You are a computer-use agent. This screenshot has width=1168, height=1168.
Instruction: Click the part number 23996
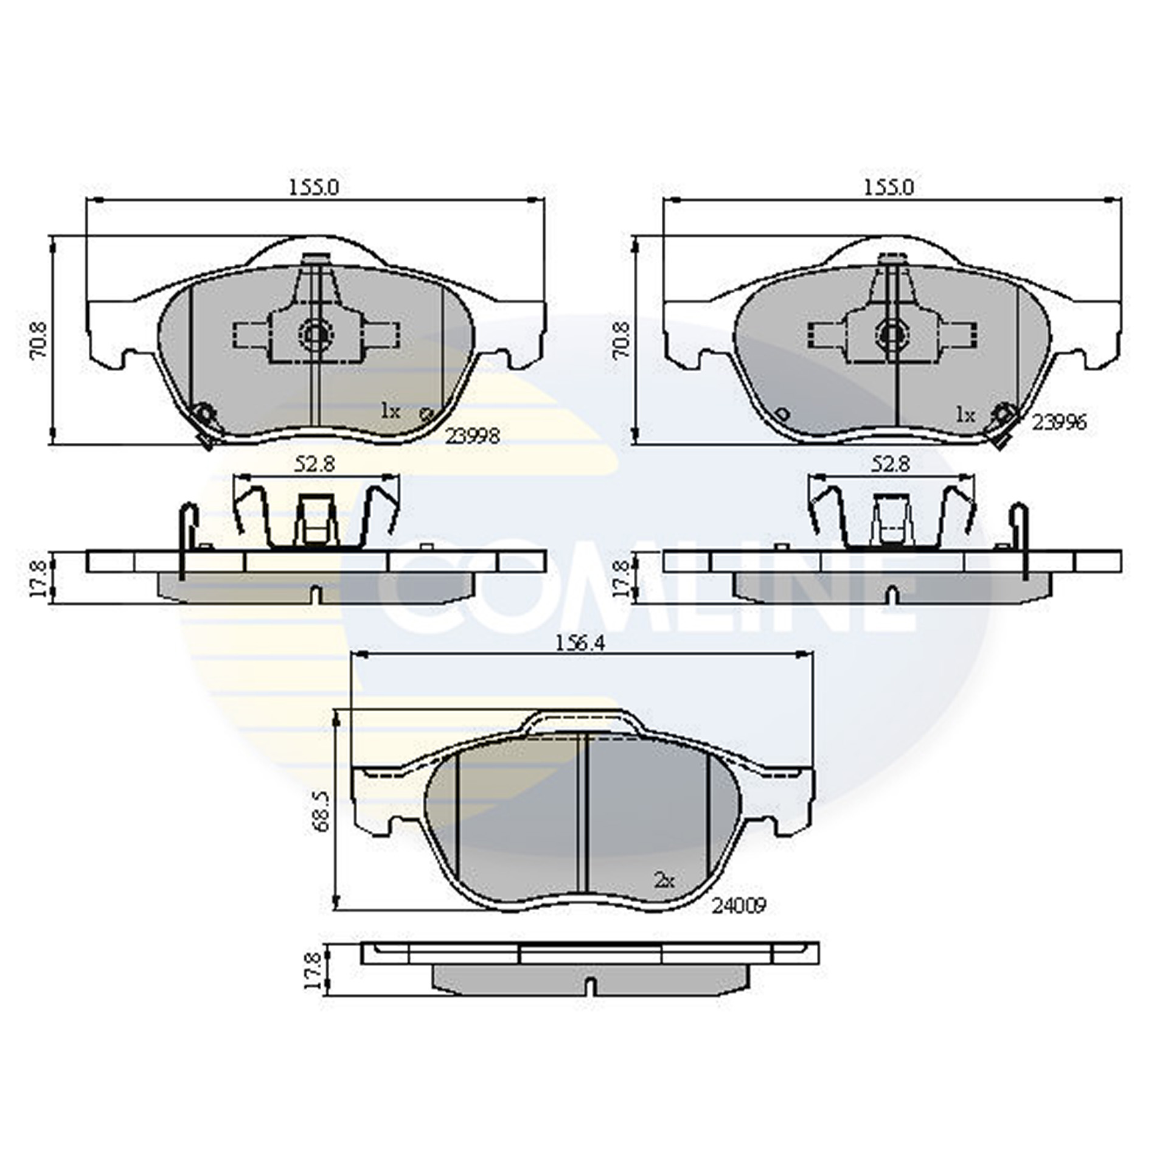pos(1058,422)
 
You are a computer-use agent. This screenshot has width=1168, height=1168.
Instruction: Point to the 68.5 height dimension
pos(322,811)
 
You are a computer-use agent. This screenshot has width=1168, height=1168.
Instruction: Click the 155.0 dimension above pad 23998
pos(313,187)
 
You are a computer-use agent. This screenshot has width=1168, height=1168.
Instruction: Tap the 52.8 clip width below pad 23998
pos(315,465)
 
